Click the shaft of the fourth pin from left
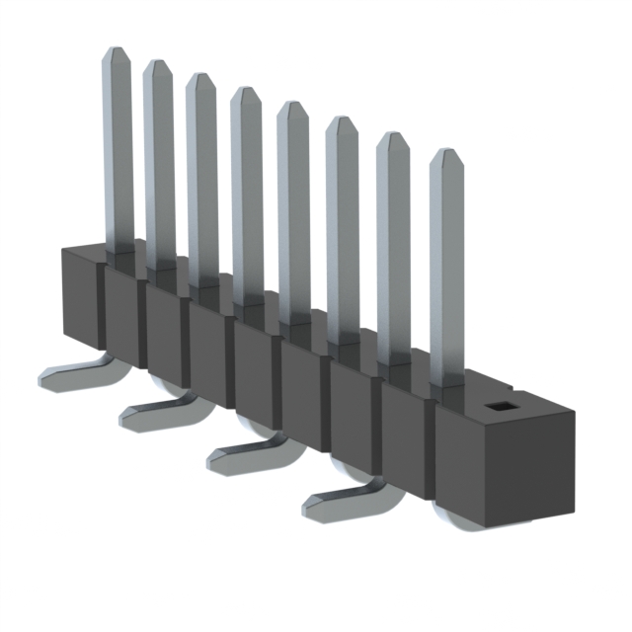point(246,197)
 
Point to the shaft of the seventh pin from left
point(392,247)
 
